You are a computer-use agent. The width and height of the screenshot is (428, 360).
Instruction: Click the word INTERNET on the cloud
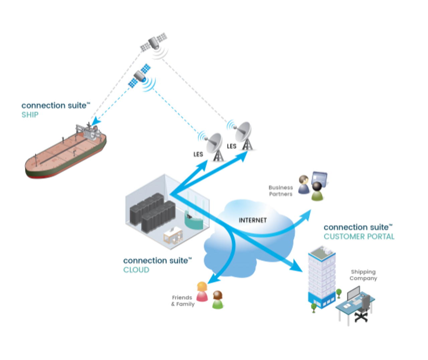pos(252,220)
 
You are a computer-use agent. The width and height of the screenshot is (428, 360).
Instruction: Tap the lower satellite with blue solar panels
pos(138,76)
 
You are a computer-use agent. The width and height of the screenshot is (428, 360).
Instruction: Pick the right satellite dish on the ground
pos(243,134)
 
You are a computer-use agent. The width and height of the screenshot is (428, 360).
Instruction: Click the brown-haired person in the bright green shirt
pos(218,300)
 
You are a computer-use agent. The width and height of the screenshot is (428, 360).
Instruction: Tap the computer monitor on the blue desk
pos(353,294)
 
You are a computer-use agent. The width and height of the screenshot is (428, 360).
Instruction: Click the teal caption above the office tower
pos(359,237)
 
